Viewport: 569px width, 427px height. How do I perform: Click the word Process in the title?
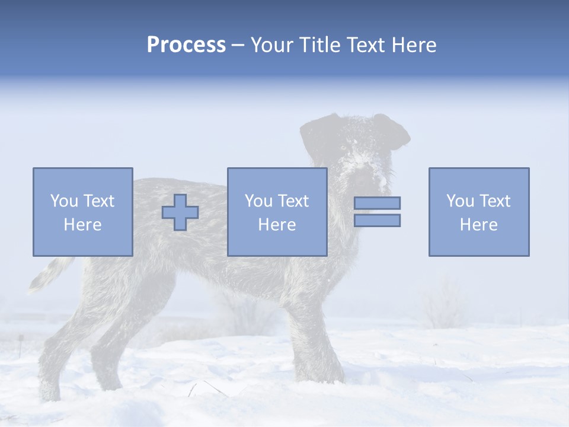pos(186,45)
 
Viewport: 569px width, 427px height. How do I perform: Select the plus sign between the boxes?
pos(180,212)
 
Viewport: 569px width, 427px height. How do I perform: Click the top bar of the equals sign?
pos(377,203)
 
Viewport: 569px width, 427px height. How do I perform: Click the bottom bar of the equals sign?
pos(377,220)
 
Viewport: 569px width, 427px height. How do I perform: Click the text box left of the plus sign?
pos(82,212)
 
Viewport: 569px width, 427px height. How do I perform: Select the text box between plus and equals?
pos(277,212)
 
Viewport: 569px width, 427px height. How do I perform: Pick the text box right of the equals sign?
pos(478,212)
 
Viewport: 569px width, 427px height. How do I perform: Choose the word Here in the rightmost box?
pos(478,225)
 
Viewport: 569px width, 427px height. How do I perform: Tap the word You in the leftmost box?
pos(64,201)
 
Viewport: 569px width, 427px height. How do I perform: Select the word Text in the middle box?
pos(293,201)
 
